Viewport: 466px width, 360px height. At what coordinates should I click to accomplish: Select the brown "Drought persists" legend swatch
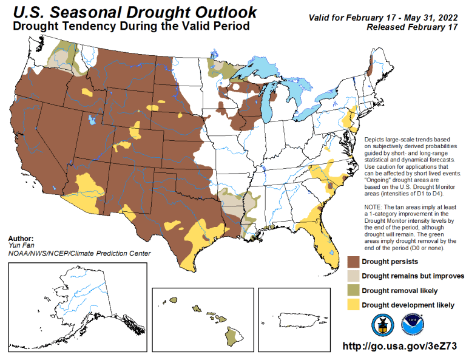354,262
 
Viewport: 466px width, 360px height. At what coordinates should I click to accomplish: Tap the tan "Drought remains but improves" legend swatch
354,276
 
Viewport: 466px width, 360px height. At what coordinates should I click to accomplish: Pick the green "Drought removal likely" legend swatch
354,290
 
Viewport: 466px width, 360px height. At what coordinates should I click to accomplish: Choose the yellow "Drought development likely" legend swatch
354,304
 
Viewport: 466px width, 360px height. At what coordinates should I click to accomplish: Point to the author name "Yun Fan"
19,246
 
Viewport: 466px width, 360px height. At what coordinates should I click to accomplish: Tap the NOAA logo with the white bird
413,324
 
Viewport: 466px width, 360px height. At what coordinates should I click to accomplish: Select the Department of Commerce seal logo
382,324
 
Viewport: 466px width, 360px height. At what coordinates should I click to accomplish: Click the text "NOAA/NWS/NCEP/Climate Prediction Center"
79,253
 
